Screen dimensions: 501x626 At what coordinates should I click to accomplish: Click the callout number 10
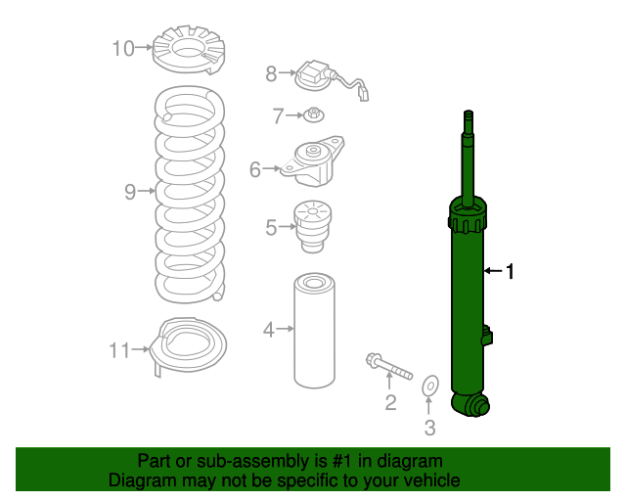(x=123, y=47)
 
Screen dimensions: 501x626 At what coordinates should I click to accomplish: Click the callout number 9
(x=130, y=192)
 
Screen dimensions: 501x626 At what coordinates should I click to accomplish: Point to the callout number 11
(x=119, y=349)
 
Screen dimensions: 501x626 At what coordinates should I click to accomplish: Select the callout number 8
(x=272, y=72)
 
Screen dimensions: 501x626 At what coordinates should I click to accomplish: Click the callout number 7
(x=277, y=116)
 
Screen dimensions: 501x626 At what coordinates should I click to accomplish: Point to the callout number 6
(x=255, y=170)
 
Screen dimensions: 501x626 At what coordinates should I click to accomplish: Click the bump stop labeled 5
(x=313, y=225)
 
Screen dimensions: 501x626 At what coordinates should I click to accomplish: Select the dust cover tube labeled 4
(x=314, y=330)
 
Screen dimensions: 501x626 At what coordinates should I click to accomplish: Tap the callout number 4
(x=268, y=330)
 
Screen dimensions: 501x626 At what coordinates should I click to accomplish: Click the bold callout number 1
(x=509, y=270)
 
